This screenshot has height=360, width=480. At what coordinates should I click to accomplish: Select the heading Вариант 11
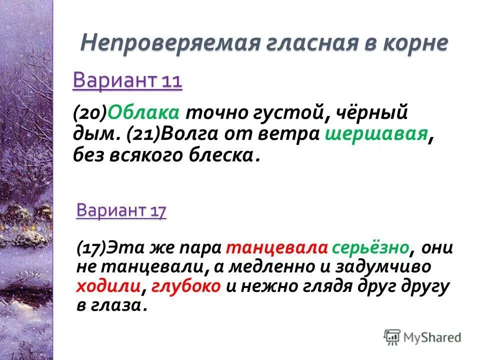pyautogui.click(x=127, y=80)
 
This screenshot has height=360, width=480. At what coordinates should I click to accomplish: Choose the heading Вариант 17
pyautogui.click(x=121, y=211)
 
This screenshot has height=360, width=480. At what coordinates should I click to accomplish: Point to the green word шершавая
pyautogui.click(x=376, y=134)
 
